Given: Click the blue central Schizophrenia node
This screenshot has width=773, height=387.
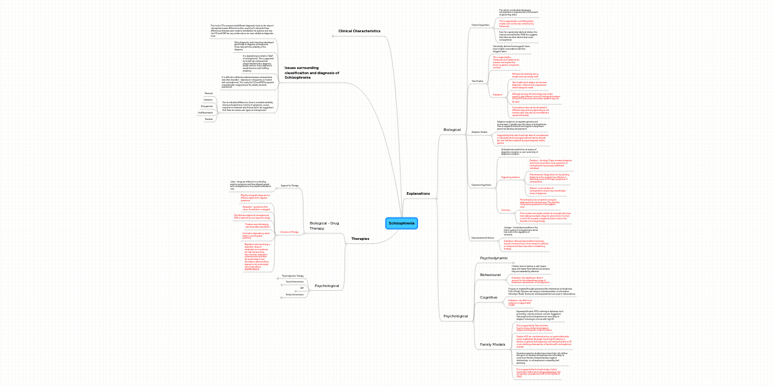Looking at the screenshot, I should coord(401,223).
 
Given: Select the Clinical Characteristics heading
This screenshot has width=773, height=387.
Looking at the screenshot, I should coord(359,31).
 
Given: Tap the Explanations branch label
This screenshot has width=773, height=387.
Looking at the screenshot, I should coord(418,193).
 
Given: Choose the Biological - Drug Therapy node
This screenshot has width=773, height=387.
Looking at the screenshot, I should coord(324,225).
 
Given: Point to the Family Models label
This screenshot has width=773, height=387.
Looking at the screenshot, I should coord(493,344).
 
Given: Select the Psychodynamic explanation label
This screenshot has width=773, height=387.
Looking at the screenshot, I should coord(494,258).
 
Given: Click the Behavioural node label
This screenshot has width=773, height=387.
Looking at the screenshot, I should coord(490,275).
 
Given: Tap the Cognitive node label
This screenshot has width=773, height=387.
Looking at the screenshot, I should coord(488,297).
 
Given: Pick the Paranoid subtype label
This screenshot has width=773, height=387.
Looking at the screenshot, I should coord(209,94).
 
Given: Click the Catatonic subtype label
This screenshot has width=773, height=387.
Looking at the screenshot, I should coord(208,100).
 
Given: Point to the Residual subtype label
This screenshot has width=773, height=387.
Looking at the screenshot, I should coord(208,119).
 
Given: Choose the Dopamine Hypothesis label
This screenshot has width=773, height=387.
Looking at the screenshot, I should coord(481,184).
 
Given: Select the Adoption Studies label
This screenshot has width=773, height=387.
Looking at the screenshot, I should coord(480,132).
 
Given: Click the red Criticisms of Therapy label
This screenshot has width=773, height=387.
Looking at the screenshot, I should coord(289,232).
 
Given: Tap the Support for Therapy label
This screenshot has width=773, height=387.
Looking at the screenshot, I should coord(289,186).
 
